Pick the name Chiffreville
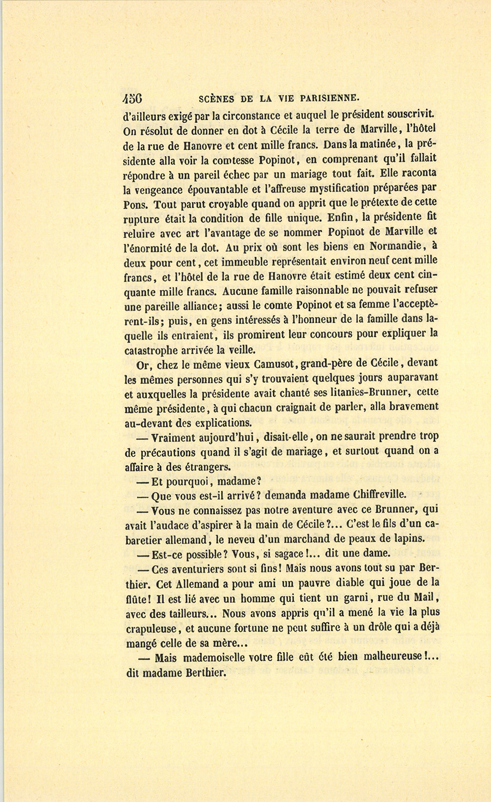click(x=372, y=495)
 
